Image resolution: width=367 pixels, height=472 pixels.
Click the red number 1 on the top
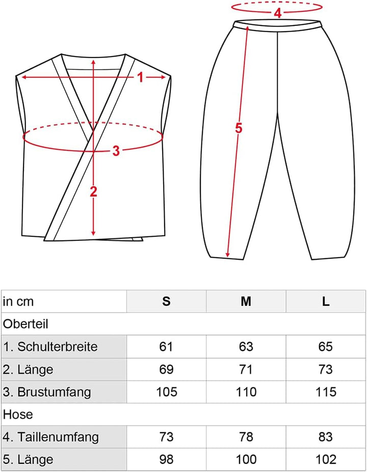pyautogui.click(x=140, y=78)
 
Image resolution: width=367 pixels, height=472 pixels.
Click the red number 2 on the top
pyautogui.click(x=93, y=191)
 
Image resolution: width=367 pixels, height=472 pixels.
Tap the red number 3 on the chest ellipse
pyautogui.click(x=116, y=151)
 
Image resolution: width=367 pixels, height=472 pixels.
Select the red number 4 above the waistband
pyautogui.click(x=277, y=13)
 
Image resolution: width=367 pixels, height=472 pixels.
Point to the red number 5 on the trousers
pyautogui.click(x=239, y=128)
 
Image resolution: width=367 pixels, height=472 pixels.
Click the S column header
pyautogui.click(x=166, y=301)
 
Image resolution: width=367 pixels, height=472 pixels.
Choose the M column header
pyautogui.click(x=246, y=301)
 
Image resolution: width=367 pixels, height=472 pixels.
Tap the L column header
pyautogui.click(x=326, y=301)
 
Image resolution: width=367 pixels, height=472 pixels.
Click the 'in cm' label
pyautogui.click(x=18, y=301)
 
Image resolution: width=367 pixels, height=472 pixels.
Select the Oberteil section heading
pyautogui.click(x=25, y=324)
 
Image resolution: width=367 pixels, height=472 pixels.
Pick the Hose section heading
pyautogui.click(x=18, y=414)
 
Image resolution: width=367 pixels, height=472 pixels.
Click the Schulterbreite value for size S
pyautogui.click(x=166, y=346)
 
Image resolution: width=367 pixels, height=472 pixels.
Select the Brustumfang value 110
pyautogui.click(x=246, y=392)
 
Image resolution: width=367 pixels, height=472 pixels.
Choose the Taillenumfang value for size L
pyautogui.click(x=326, y=437)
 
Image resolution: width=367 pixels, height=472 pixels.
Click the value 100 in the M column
pyautogui.click(x=246, y=459)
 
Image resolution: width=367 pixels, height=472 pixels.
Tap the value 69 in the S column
pyautogui.click(x=166, y=369)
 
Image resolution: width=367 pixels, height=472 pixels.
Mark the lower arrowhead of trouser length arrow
pyautogui.click(x=228, y=255)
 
